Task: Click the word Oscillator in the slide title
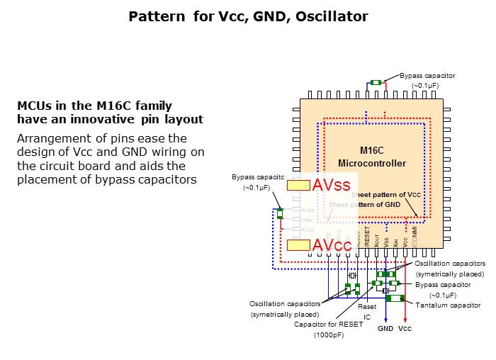pos(333,16)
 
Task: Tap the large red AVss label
pos(332,186)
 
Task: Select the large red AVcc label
pos(332,245)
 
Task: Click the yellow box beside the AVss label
pos(298,186)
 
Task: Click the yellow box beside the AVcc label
pos(298,245)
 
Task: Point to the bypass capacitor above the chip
pos(376,83)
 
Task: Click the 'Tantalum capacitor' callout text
pos(448,305)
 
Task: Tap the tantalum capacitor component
pos(395,298)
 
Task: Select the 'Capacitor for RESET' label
pos(328,324)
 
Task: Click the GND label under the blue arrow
pos(385,329)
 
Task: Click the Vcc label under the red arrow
pos(405,329)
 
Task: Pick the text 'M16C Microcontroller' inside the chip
pos(383,157)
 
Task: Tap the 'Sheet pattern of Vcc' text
pos(387,194)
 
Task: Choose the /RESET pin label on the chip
pos(367,235)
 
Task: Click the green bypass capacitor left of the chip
pos(280,214)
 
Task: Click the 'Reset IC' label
pos(367,312)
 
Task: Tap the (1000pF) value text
pos(328,334)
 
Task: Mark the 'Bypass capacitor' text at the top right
pos(427,75)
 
